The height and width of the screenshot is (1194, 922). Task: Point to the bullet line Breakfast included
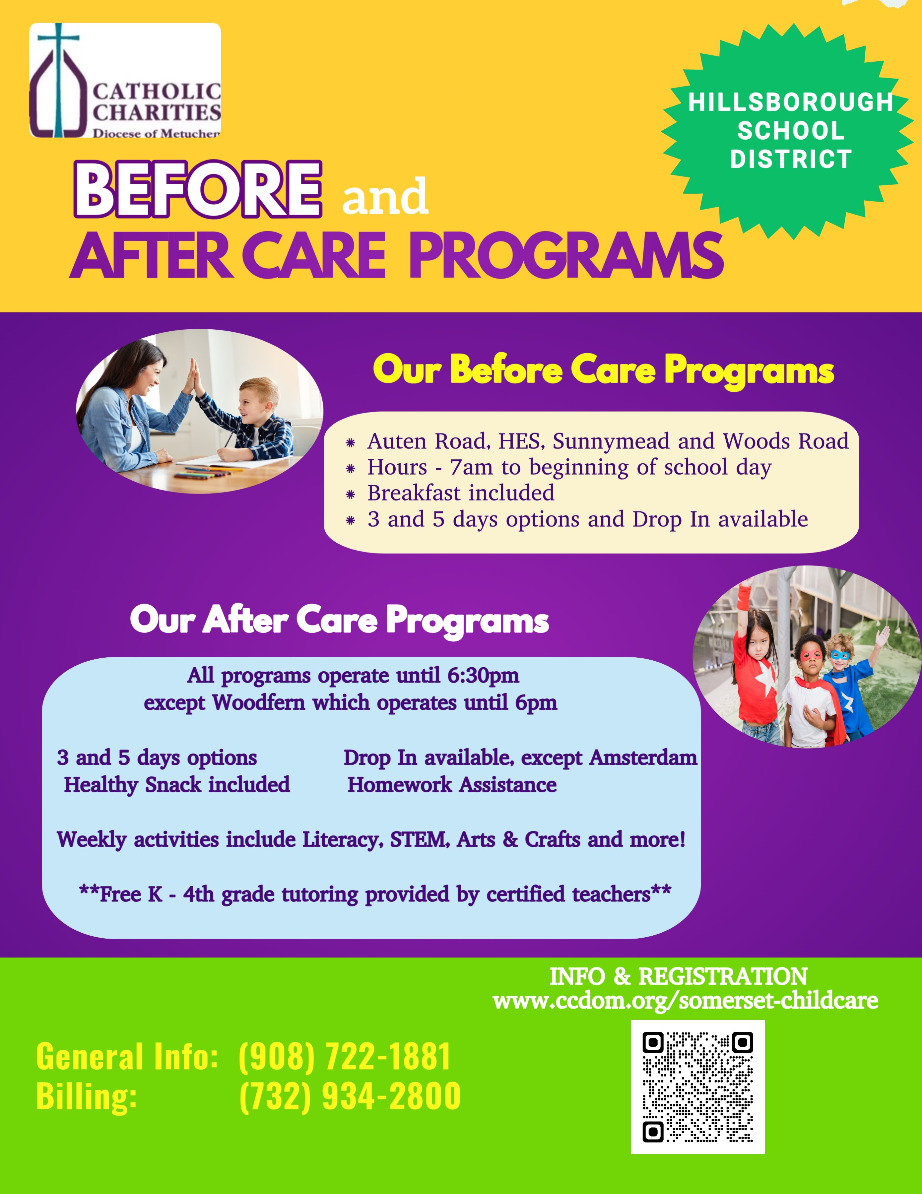tap(461, 493)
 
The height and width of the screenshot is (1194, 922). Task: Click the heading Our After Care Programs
tap(339, 620)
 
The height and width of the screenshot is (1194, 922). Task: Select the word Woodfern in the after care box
tap(258, 702)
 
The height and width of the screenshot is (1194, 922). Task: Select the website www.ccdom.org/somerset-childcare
tap(685, 1000)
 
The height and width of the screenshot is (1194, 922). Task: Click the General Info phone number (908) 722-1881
tap(344, 1056)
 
